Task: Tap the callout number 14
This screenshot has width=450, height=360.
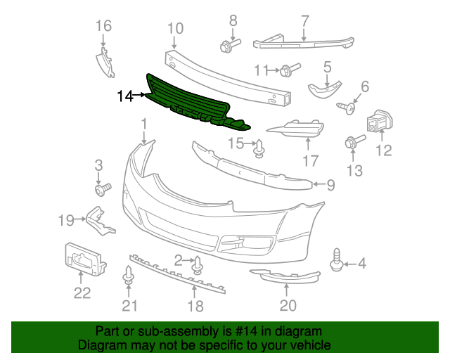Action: tap(125, 95)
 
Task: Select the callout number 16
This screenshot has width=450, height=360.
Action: tap(103, 26)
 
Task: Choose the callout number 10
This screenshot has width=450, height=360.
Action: tap(175, 29)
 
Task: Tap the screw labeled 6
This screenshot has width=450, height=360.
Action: tap(346, 107)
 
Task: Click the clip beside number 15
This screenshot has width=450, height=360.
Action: tap(259, 149)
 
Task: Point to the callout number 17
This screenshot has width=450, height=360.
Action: tap(311, 161)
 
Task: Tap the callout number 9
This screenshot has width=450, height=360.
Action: tap(330, 185)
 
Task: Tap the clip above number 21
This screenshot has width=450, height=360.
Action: tap(128, 275)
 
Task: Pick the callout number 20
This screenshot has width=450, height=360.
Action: tap(288, 304)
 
